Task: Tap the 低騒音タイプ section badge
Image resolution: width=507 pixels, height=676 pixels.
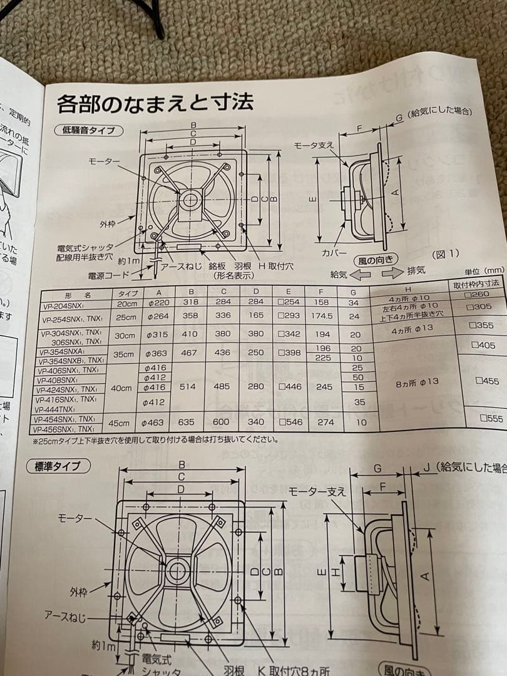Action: pyautogui.click(x=92, y=130)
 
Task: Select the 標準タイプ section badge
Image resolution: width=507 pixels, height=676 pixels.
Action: pyautogui.click(x=58, y=466)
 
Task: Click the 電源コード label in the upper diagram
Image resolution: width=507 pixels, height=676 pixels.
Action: pyautogui.click(x=108, y=275)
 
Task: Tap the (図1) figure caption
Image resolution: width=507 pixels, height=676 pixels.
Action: pyautogui.click(x=446, y=254)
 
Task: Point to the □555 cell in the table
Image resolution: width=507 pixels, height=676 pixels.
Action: pyautogui.click(x=490, y=418)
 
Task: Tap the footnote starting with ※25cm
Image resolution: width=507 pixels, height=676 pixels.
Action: pyautogui.click(x=156, y=439)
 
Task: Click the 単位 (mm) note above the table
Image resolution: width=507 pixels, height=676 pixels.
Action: pyautogui.click(x=483, y=270)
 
